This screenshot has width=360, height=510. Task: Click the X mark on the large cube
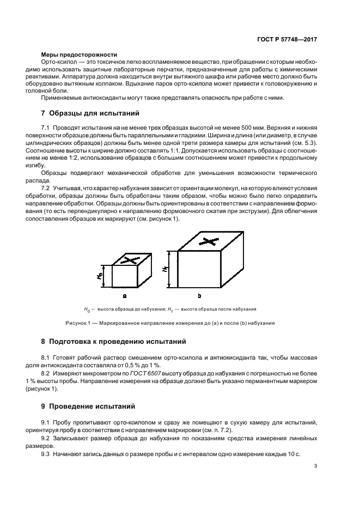point(208,240)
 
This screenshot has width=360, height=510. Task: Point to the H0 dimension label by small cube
point(101,276)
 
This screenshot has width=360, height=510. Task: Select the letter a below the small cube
point(125,296)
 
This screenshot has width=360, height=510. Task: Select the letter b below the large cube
point(199,296)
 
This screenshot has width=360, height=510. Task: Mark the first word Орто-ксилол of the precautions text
point(57,64)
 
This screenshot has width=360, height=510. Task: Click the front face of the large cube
point(199,269)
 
